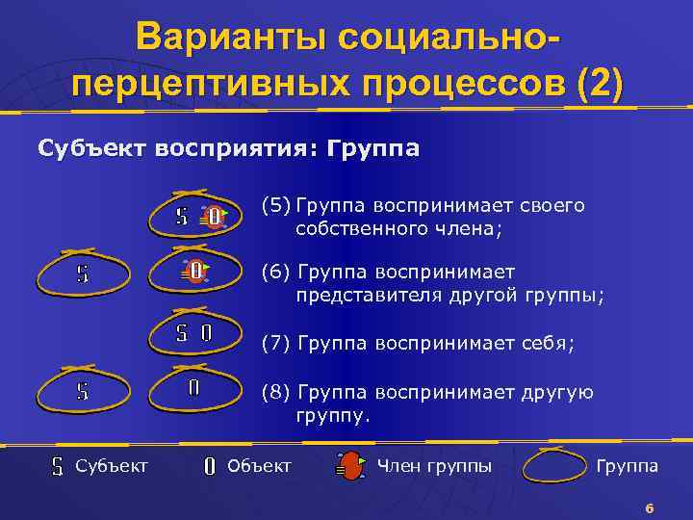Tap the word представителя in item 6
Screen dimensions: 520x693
point(369,296)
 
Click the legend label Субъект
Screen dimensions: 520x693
point(112,466)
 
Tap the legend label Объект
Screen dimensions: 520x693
point(259,466)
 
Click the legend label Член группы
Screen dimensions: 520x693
point(434,466)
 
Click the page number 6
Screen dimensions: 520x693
point(650,507)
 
